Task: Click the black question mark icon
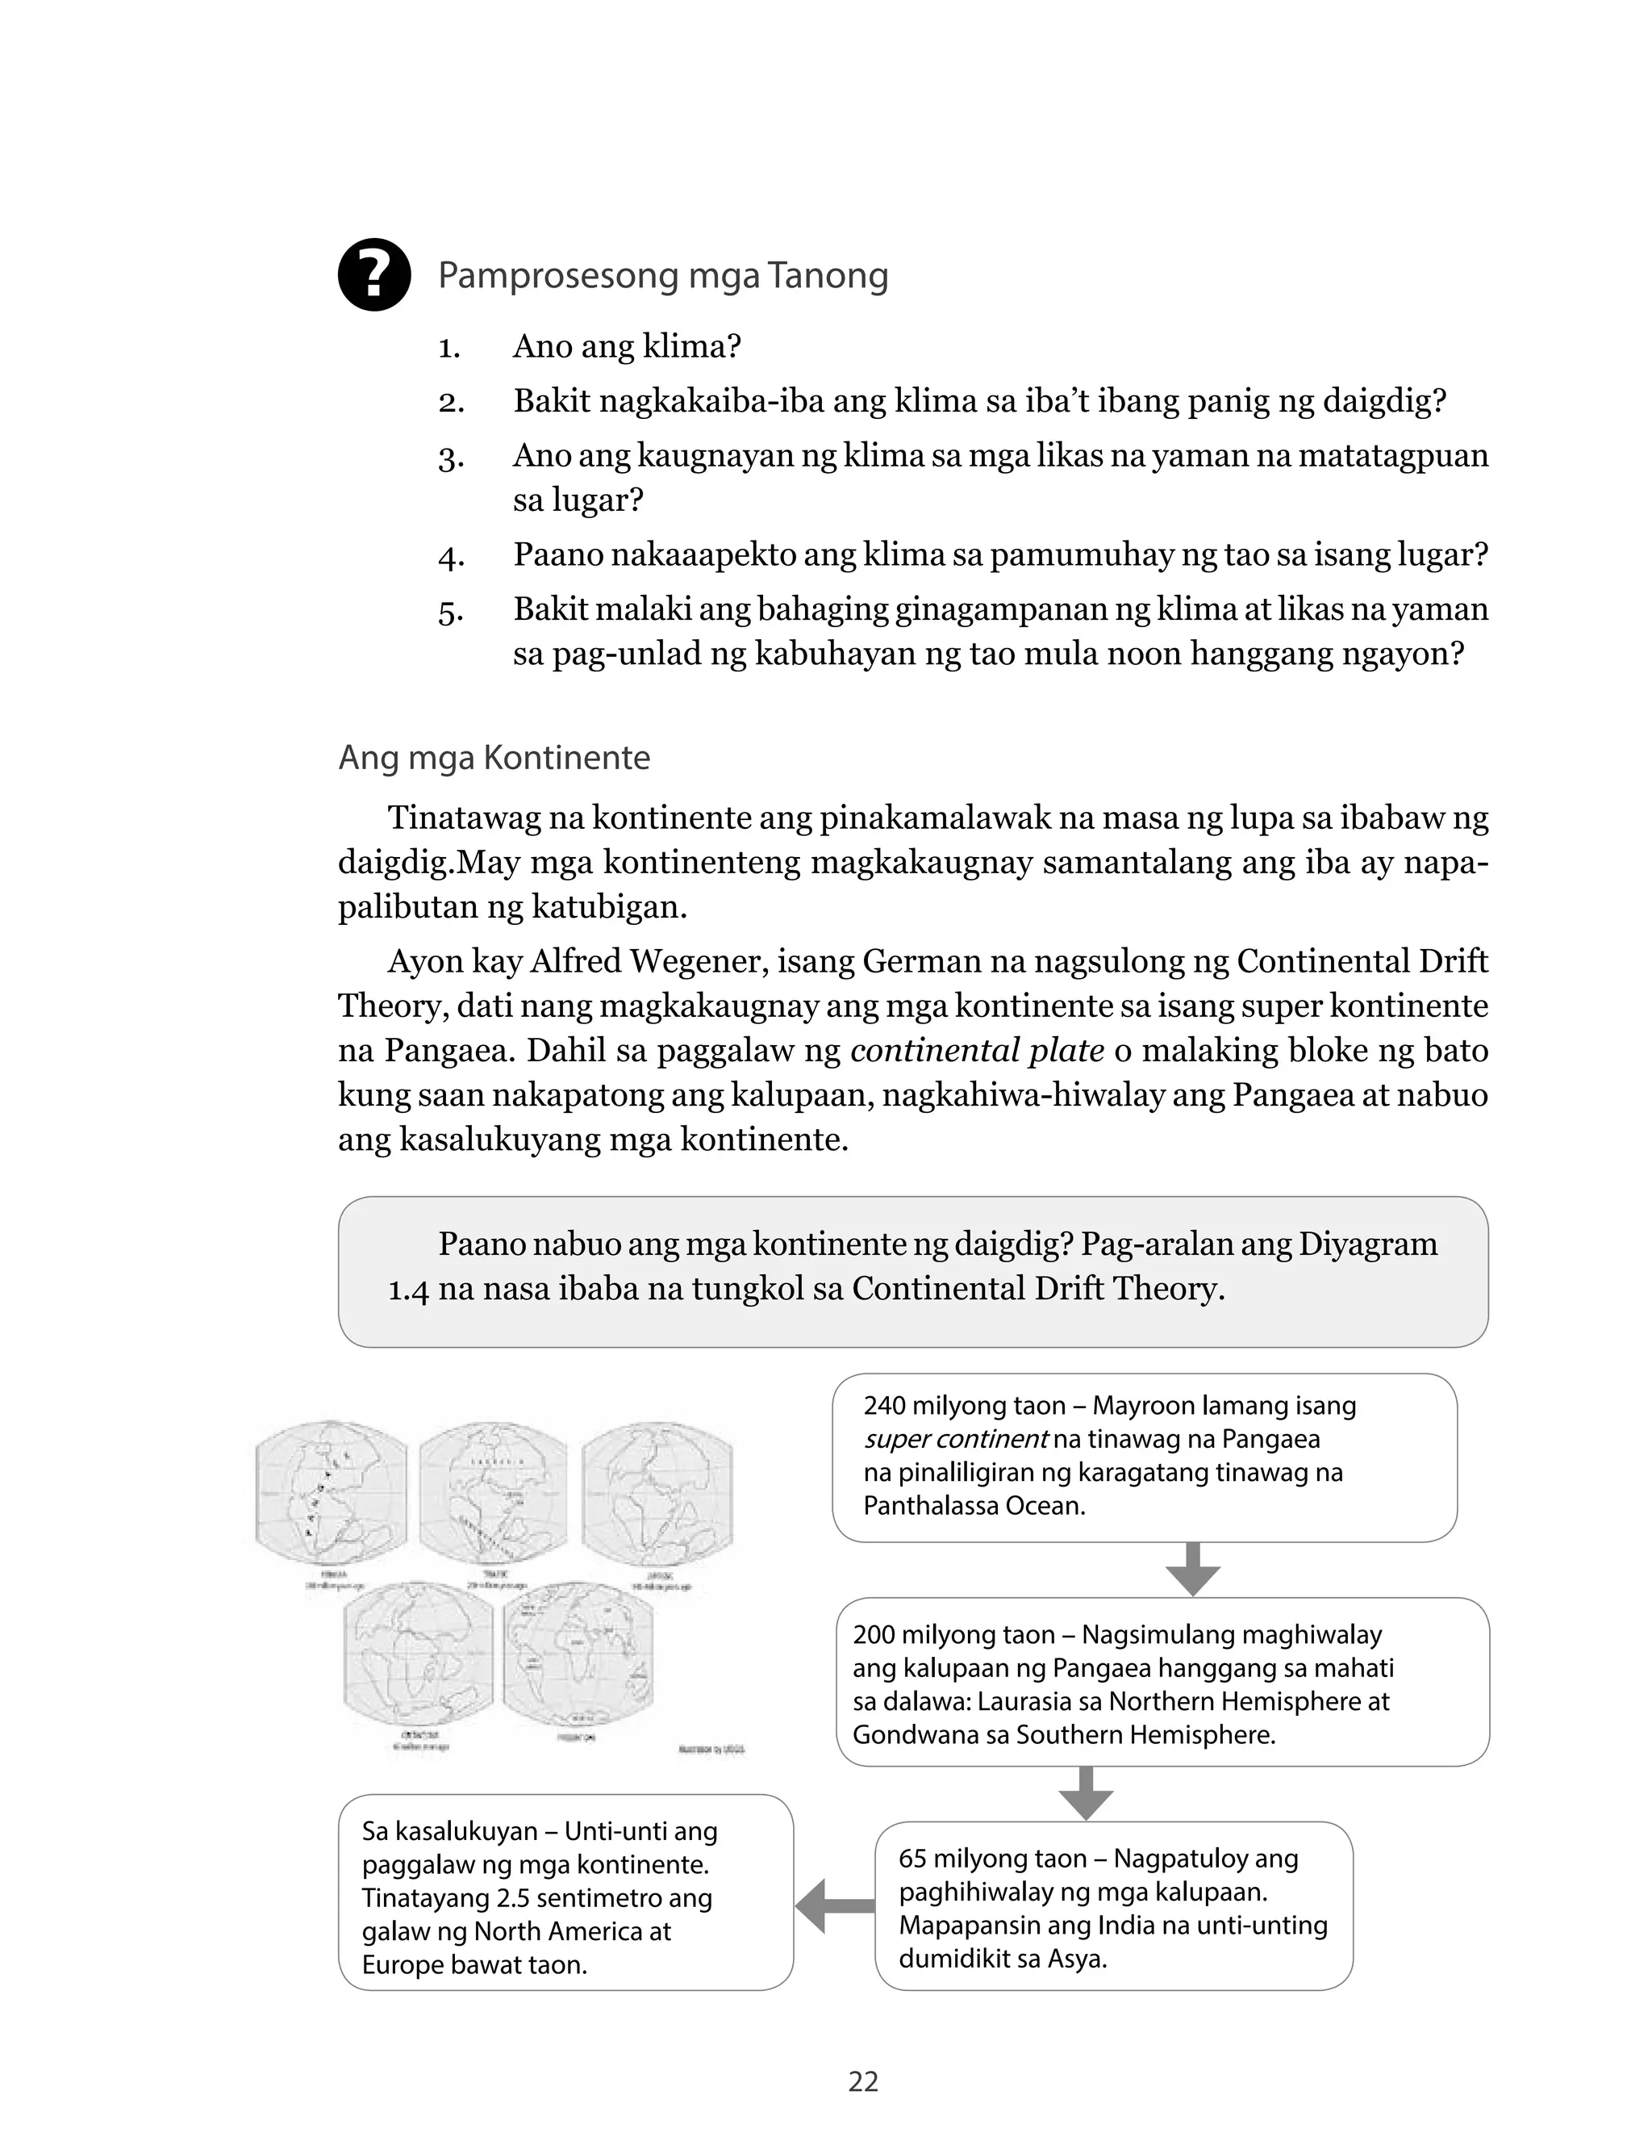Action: (373, 275)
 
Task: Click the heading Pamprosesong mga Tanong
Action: (663, 275)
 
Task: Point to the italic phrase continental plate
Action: (977, 1051)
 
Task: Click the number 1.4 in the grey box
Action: (408, 1290)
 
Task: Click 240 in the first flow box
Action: (885, 1406)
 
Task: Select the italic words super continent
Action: (955, 1439)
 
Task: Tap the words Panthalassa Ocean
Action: (974, 1506)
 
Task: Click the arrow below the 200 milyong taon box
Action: (1086, 1792)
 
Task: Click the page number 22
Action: (862, 2081)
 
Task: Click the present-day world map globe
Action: (578, 1660)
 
